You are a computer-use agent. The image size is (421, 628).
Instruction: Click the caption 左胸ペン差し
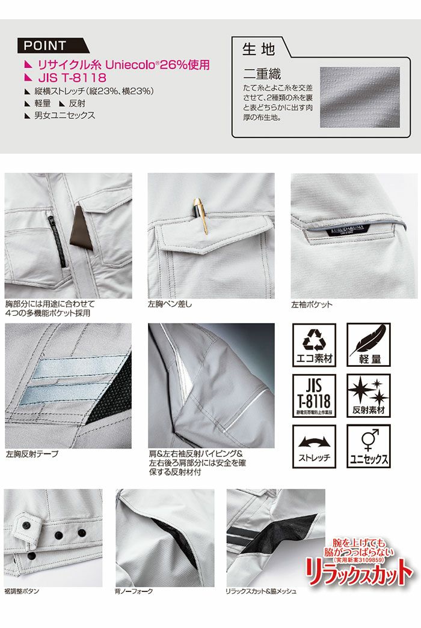point(170,304)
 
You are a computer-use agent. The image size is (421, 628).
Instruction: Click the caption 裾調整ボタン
point(22,591)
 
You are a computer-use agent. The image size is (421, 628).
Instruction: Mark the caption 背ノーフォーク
point(134,591)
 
